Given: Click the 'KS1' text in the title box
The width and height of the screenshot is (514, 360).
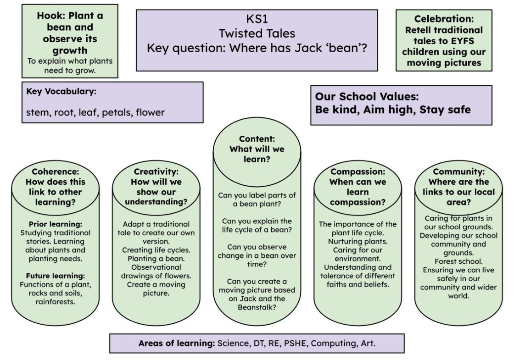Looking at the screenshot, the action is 257,19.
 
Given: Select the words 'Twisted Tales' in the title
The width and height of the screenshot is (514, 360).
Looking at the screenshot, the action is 257,33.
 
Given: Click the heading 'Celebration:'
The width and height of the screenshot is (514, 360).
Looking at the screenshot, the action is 444,19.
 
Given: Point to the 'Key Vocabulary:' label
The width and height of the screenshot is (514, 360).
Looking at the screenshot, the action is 61,91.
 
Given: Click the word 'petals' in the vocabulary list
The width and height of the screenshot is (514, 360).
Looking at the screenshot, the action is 116,113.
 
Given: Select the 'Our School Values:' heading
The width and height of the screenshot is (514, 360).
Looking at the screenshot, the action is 367,97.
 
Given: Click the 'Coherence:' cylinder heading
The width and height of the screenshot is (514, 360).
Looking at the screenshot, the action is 56,172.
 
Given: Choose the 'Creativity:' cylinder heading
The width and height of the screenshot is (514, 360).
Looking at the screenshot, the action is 156,172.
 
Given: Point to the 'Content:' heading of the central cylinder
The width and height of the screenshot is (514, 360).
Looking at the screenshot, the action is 257,139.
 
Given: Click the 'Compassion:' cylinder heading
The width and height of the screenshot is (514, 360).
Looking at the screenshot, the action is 358,172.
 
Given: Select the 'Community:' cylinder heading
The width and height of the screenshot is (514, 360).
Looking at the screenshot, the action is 458,172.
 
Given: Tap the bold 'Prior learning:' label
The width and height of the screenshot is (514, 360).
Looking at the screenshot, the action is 56,224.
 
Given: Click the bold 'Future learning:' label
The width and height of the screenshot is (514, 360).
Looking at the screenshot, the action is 56,276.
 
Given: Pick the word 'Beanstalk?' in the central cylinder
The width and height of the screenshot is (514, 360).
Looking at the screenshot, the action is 257,307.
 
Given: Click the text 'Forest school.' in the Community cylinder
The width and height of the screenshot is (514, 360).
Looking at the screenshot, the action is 458,261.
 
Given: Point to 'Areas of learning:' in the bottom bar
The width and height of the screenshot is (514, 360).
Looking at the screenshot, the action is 177,343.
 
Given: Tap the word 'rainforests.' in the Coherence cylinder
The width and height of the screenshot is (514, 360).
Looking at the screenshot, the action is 56,302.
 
